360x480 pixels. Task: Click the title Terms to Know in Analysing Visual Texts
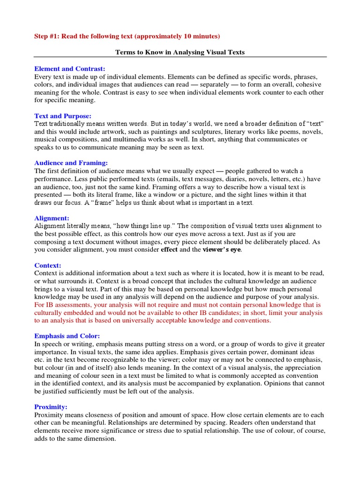tap(180, 52)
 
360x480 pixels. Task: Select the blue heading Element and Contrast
tap(70, 68)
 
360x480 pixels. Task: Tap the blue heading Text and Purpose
tap(63, 116)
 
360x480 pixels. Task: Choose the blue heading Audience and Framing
tap(71, 163)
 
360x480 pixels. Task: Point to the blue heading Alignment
tap(52, 218)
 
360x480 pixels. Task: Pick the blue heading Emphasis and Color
tap(67, 336)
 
